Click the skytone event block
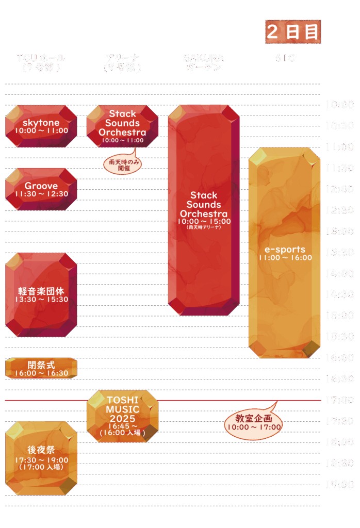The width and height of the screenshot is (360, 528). pos(41,126)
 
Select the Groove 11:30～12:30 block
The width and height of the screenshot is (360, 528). pos(41,189)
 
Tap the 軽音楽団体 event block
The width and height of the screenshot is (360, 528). pos(41,295)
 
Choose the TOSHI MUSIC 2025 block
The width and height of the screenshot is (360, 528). pos(122,417)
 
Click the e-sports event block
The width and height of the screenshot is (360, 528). pos(285,253)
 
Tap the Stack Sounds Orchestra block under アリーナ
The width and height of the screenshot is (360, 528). pos(122,126)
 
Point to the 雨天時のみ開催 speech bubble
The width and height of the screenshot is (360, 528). pos(123,164)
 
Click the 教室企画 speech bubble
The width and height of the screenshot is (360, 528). pos(253,423)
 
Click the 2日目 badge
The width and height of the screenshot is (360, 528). pos(293,32)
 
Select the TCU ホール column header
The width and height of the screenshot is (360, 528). pos(41,62)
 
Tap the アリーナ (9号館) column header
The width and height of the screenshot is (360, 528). pos(122,62)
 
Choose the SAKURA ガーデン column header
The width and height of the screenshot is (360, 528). pos(204,62)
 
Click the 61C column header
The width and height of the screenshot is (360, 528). pos(285,58)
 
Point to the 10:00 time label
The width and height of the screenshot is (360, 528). pos(339,105)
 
